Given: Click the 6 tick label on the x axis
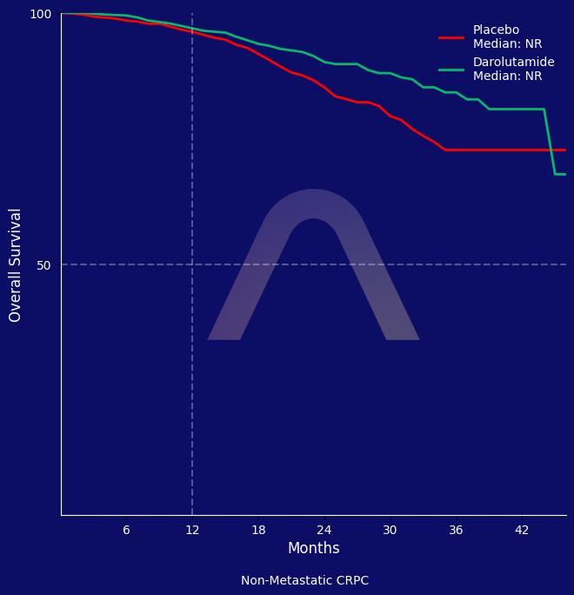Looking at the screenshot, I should click(126, 530).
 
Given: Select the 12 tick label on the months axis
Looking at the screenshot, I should click(192, 530).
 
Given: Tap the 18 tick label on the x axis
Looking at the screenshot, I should click(258, 530).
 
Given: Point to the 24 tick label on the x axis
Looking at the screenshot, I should click(324, 530).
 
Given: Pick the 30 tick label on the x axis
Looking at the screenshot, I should click(390, 530).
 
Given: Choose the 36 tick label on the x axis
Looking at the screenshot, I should click(456, 530).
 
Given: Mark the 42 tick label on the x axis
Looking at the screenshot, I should click(522, 530).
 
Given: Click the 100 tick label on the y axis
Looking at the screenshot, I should click(41, 14).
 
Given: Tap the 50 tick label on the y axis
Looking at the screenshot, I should click(43, 264).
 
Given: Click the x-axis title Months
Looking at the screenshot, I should click(313, 548).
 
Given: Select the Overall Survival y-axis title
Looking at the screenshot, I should click(16, 264).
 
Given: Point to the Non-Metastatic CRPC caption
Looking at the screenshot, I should click(304, 580).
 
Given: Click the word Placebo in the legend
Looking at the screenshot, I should click(496, 30).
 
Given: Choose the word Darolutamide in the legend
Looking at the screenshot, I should click(513, 63).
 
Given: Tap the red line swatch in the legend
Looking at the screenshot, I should click(451, 37).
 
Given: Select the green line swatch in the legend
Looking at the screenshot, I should click(451, 70).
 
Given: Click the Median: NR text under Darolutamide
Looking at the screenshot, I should click(507, 77).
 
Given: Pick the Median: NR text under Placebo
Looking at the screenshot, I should click(507, 44).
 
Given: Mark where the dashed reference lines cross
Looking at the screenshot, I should click(192, 264).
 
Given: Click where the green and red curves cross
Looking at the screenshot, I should click(551, 150).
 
